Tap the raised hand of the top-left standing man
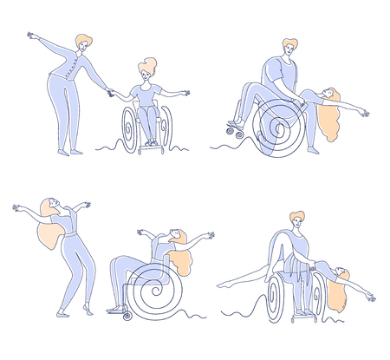pos(32,36)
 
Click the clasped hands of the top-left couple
pos(110,92)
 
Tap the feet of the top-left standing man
pos(70,153)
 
